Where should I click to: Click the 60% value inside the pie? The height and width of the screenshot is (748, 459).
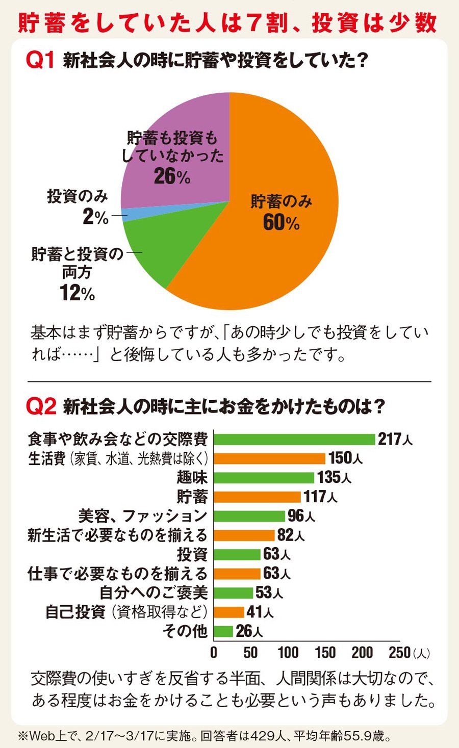click(281, 223)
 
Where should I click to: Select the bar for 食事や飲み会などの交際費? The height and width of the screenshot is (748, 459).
click(294, 439)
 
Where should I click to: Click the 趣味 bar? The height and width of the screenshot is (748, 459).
click(264, 478)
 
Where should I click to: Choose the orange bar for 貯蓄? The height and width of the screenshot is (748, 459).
click(257, 497)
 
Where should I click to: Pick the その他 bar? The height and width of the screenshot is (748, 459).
click(223, 631)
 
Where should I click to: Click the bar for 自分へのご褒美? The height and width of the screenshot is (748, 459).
click(233, 592)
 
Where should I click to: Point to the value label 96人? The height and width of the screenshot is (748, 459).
click(301, 516)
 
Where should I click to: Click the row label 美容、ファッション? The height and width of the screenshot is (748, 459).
click(143, 516)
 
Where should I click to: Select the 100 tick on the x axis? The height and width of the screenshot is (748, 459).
click(288, 652)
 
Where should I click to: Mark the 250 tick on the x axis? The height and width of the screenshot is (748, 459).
click(399, 652)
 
